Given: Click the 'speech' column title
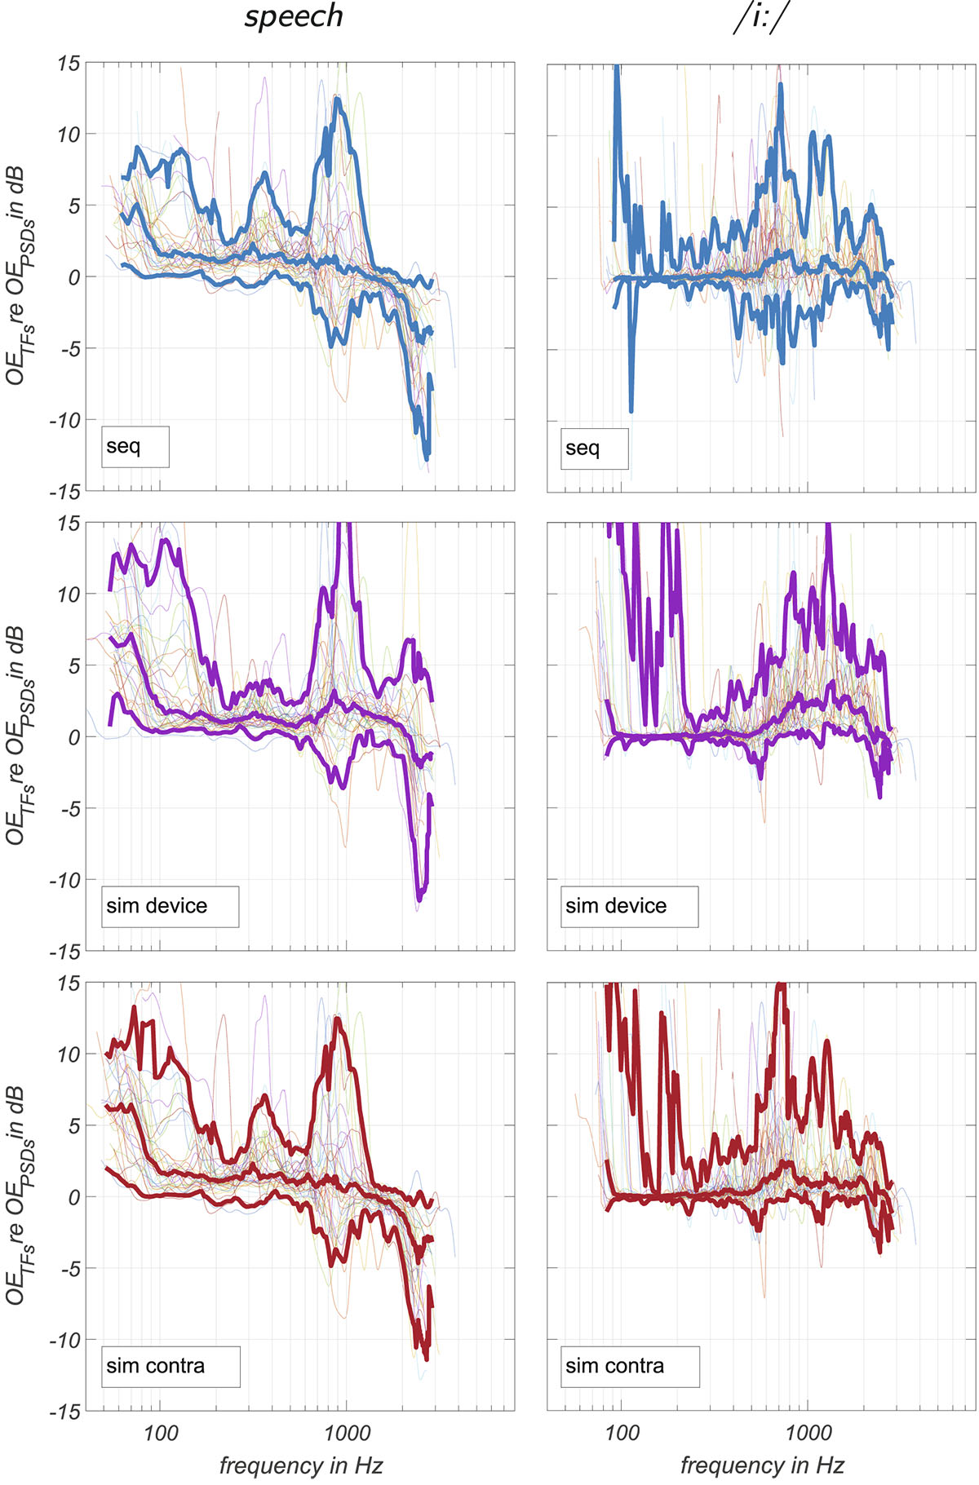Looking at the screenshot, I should (294, 17).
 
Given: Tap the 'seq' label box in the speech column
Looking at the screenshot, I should (135, 447).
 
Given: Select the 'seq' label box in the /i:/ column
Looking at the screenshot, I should (594, 449).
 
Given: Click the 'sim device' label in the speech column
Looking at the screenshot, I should (170, 906).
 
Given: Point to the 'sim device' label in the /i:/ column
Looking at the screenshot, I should (629, 906).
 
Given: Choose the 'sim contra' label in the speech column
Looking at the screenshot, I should (171, 1366).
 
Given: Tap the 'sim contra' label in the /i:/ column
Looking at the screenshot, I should (630, 1366).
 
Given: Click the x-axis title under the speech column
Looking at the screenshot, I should (301, 1465).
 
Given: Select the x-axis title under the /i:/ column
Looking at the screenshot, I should (762, 1465).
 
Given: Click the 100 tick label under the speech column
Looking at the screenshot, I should (160, 1433).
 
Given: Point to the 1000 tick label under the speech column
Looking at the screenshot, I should (347, 1433).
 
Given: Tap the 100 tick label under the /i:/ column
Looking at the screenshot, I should (622, 1433).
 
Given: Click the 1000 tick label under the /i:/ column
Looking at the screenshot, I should (808, 1433).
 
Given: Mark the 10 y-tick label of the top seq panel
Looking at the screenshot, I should (69, 135).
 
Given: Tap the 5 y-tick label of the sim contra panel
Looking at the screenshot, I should (73, 1126).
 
